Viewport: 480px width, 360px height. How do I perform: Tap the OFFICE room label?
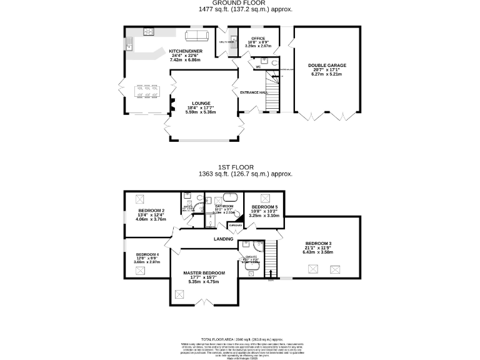[258, 39]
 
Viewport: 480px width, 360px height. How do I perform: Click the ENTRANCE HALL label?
[254, 92]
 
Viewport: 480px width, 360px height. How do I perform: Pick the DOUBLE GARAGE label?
[327, 65]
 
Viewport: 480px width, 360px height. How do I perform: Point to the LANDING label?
[224, 239]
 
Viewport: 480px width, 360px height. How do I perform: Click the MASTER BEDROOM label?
[204, 273]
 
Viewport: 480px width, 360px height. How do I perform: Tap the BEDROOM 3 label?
[319, 243]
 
